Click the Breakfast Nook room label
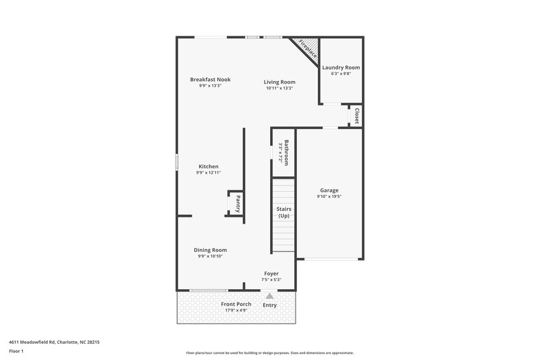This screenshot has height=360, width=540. (210, 79)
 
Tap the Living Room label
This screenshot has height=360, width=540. (279, 82)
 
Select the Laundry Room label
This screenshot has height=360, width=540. (340, 68)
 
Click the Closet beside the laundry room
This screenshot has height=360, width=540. (356, 116)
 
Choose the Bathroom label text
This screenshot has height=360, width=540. (286, 153)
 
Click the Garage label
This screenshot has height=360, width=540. (329, 190)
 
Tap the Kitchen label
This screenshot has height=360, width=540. (208, 166)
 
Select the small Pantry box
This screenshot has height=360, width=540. (237, 204)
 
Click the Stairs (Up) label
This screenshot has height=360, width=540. (283, 212)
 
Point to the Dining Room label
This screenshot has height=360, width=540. (210, 250)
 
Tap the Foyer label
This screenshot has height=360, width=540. (271, 274)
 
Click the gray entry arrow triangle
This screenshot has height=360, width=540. (270, 295)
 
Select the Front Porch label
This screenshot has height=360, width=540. (236, 304)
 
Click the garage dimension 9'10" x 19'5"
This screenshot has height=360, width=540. (329, 197)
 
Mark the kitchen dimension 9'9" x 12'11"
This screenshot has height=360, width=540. (208, 173)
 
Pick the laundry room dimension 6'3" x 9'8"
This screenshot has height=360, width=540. (340, 74)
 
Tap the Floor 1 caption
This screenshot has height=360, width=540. (17, 352)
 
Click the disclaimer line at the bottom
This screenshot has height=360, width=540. (269, 353)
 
